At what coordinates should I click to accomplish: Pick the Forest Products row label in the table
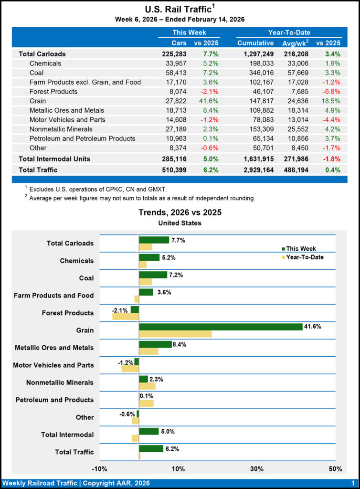click(x=53, y=92)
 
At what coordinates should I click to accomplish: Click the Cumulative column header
click(x=255, y=43)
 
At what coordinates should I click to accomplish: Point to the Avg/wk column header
click(x=296, y=43)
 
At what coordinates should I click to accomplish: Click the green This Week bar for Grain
click(x=221, y=327)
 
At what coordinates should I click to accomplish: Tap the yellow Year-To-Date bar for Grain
click(x=175, y=334)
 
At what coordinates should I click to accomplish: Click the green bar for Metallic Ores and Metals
click(x=155, y=344)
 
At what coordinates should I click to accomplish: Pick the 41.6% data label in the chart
click(x=312, y=327)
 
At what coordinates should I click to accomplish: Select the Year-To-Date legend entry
click(x=304, y=257)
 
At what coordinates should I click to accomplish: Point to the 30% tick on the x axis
click(x=257, y=468)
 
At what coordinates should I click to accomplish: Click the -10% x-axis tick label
click(x=100, y=468)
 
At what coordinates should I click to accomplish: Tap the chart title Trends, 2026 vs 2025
click(x=180, y=213)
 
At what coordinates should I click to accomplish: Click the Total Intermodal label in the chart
click(x=67, y=435)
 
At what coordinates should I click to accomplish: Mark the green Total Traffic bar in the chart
click(x=151, y=448)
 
